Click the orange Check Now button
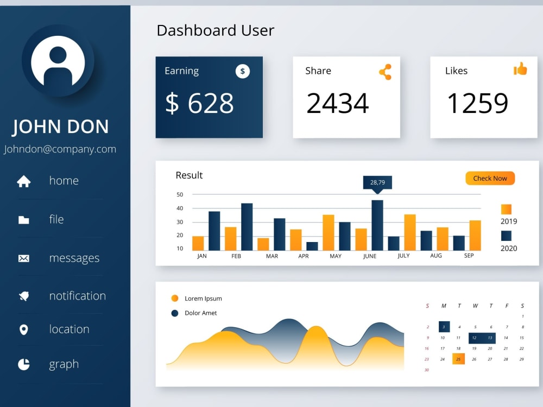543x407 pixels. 490,178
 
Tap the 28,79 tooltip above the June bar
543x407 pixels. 377,182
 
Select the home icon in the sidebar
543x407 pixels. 23,181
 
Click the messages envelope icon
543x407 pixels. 23,258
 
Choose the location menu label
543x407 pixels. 69,329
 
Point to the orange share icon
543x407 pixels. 385,72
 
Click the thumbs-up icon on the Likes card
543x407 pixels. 520,69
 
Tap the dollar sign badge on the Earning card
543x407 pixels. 243,71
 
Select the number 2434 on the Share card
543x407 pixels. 337,104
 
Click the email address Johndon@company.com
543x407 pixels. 60,149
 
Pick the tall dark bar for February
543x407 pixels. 247,227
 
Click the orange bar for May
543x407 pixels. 328,232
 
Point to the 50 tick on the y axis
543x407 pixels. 180,194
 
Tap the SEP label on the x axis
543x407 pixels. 469,256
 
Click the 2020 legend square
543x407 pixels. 506,236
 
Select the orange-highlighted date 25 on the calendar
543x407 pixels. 459,359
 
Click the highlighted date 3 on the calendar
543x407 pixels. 444,327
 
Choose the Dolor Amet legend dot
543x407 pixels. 175,313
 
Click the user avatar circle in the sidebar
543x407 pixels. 58,61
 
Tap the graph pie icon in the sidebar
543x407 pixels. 23,364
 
